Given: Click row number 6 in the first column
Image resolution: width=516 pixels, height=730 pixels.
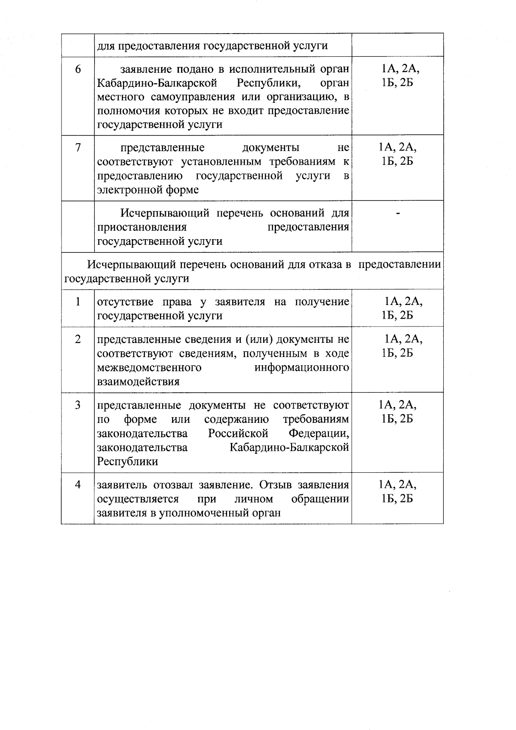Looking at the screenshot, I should coord(78,69).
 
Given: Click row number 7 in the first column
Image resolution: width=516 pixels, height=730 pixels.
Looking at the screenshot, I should coord(78,148).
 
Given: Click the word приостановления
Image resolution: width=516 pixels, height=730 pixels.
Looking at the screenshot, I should coord(142,227).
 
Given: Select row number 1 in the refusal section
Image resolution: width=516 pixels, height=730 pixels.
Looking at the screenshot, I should coord(78,302).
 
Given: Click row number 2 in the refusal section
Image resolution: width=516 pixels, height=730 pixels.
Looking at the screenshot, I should coord(78,339).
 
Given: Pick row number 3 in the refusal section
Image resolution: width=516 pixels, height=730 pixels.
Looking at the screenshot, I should coord(78,405).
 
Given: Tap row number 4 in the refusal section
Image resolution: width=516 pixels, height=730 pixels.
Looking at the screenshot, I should coord(78,485).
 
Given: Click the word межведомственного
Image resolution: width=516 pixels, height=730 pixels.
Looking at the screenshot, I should coord(150,368).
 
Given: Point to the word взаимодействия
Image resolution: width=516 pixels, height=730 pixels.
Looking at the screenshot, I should coord(138,382).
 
